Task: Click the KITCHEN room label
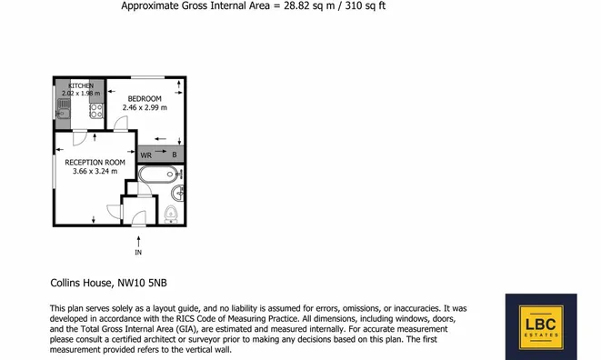pyautogui.click(x=81, y=85)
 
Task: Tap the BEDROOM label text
pyautogui.click(x=145, y=98)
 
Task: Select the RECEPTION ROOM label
pyautogui.click(x=95, y=162)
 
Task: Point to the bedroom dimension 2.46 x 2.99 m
pyautogui.click(x=145, y=107)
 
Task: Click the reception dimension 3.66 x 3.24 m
pyautogui.click(x=95, y=172)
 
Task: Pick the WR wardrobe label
pyautogui.click(x=146, y=155)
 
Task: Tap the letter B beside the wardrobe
pyautogui.click(x=175, y=155)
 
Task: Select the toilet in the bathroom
pyautogui.click(x=171, y=214)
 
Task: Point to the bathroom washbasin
pyautogui.click(x=178, y=193)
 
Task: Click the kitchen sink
pyautogui.click(x=64, y=108)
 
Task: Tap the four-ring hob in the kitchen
pyautogui.click(x=96, y=111)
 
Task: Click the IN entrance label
pyautogui.click(x=138, y=252)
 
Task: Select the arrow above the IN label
pyautogui.click(x=138, y=242)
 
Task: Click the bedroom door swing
pyautogui.click(x=121, y=124)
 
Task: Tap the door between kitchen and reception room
pyautogui.click(x=80, y=138)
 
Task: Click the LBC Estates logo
pyautogui.click(x=541, y=326)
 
